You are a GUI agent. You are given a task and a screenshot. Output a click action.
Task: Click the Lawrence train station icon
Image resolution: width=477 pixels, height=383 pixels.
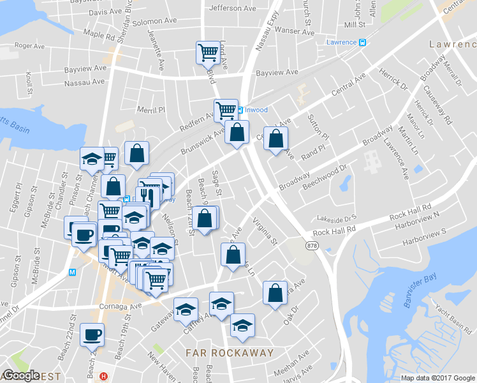tap(362, 42)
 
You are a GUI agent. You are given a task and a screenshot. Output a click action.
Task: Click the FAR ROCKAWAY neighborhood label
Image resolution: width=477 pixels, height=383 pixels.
tap(230, 352)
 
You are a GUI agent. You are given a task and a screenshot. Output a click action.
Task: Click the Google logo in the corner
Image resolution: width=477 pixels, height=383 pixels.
tap(21, 375)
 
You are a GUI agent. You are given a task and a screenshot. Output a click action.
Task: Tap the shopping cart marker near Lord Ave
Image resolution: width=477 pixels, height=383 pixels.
tap(208, 52)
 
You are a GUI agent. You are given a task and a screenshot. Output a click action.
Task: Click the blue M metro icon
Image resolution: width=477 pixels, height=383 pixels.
tap(72, 272)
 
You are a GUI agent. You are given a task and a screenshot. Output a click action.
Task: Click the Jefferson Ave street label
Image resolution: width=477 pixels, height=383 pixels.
tap(231, 8)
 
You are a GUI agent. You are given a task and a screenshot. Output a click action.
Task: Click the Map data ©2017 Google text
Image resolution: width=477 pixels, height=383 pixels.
tap(437, 378)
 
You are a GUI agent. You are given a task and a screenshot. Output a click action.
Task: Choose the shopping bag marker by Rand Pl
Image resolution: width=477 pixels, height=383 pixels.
tap(275, 139)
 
